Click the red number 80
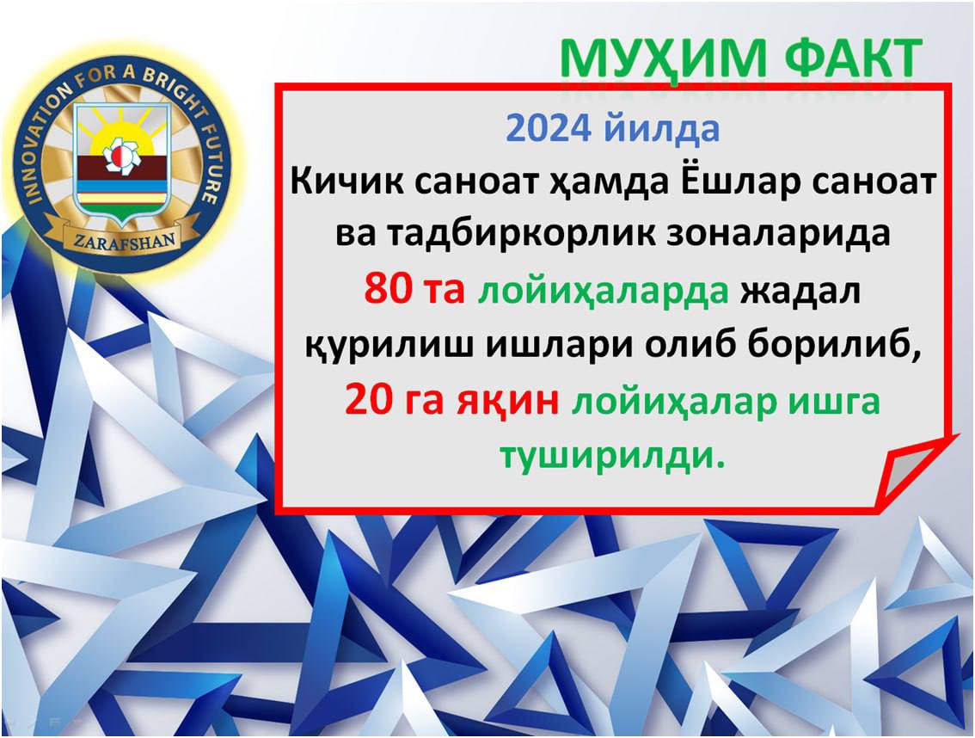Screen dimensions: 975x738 coord(388,289)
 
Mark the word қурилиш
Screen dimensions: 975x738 coord(389,346)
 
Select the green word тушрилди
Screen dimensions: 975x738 coord(613,457)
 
